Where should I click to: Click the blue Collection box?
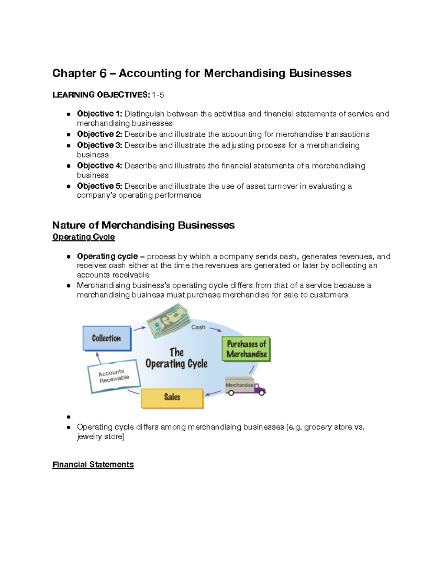pos(107,338)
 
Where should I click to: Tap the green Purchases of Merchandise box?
pos(246,349)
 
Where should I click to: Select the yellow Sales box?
pos(172,398)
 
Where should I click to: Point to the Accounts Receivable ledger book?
pos(114,376)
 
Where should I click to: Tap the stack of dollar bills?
pos(169,320)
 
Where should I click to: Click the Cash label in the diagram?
pos(198,327)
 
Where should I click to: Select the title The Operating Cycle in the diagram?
pos(176,358)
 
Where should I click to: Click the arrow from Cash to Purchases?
pos(215,329)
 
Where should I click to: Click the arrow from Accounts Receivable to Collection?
pos(98,358)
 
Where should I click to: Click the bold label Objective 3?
pos(99,145)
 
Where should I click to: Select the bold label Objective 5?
pos(99,186)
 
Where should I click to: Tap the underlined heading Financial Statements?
pos(93,464)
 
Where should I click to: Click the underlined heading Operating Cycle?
pos(83,237)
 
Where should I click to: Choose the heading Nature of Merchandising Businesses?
pos(143,225)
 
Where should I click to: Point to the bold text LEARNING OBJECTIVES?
pos(101,95)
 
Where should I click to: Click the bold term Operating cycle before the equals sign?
pos(107,256)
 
